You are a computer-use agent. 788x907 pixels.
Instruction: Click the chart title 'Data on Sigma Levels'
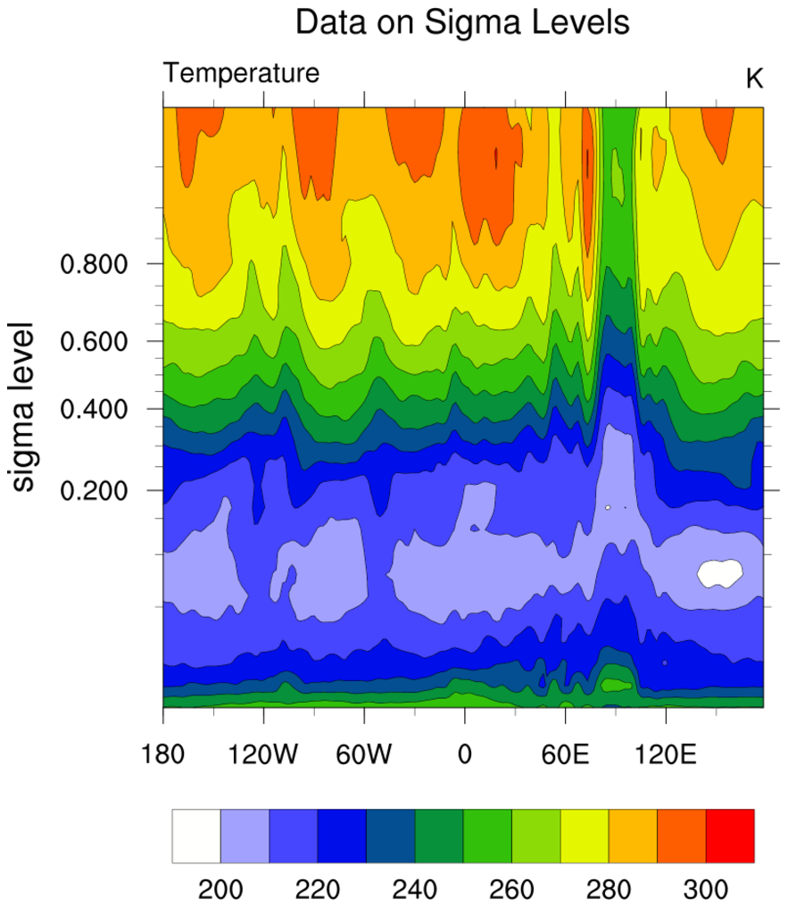(x=462, y=23)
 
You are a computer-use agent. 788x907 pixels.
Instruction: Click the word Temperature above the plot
(x=241, y=73)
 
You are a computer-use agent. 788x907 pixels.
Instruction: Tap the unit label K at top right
(x=754, y=79)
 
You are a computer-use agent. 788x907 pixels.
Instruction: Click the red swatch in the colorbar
(x=730, y=836)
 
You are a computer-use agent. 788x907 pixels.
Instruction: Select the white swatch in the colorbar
(x=196, y=836)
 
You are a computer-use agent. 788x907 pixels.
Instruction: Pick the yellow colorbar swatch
(x=585, y=836)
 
